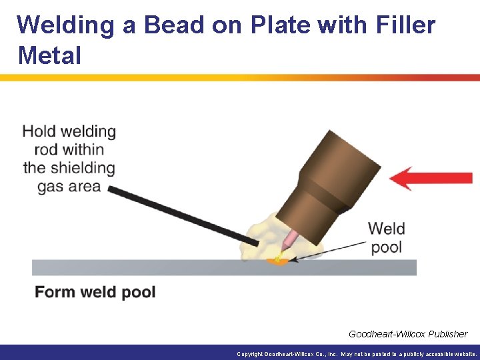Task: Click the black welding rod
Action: [x=180, y=213]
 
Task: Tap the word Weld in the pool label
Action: [x=386, y=229]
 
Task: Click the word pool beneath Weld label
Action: [x=386, y=247]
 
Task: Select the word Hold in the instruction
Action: [x=43, y=132]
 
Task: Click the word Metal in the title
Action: [x=50, y=55]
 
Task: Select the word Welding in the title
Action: [x=65, y=25]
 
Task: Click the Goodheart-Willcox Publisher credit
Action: [x=407, y=333]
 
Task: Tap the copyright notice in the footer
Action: [x=357, y=354]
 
